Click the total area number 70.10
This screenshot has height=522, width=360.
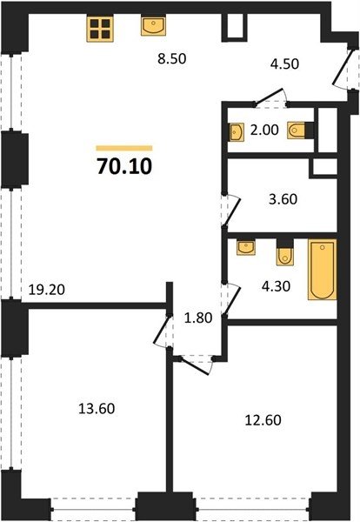tap(124, 166)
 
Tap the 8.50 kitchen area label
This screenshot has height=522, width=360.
tap(171, 59)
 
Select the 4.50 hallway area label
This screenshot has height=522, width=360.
tap(284, 64)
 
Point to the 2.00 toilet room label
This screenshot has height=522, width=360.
tap(264, 130)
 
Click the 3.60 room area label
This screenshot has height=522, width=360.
tap(283, 199)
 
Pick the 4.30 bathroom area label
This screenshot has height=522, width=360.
tap(276, 286)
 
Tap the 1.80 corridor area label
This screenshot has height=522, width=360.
tap(198, 318)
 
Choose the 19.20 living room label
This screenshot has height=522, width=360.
tap(47, 290)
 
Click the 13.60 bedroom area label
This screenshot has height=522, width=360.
tap(97, 409)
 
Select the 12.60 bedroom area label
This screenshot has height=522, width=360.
tap(263, 420)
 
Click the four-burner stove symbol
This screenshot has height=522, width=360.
tap(100, 29)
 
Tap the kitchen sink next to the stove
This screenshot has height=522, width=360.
tap(153, 25)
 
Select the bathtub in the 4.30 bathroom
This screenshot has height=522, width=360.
tap(322, 270)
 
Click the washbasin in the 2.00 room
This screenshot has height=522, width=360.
tap(237, 132)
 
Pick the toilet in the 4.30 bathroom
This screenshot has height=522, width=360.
tap(285, 252)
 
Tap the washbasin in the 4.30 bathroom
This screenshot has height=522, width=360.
tap(246, 247)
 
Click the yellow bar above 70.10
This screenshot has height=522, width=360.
tap(124, 148)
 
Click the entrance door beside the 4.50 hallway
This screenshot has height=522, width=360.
tap(343, 68)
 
